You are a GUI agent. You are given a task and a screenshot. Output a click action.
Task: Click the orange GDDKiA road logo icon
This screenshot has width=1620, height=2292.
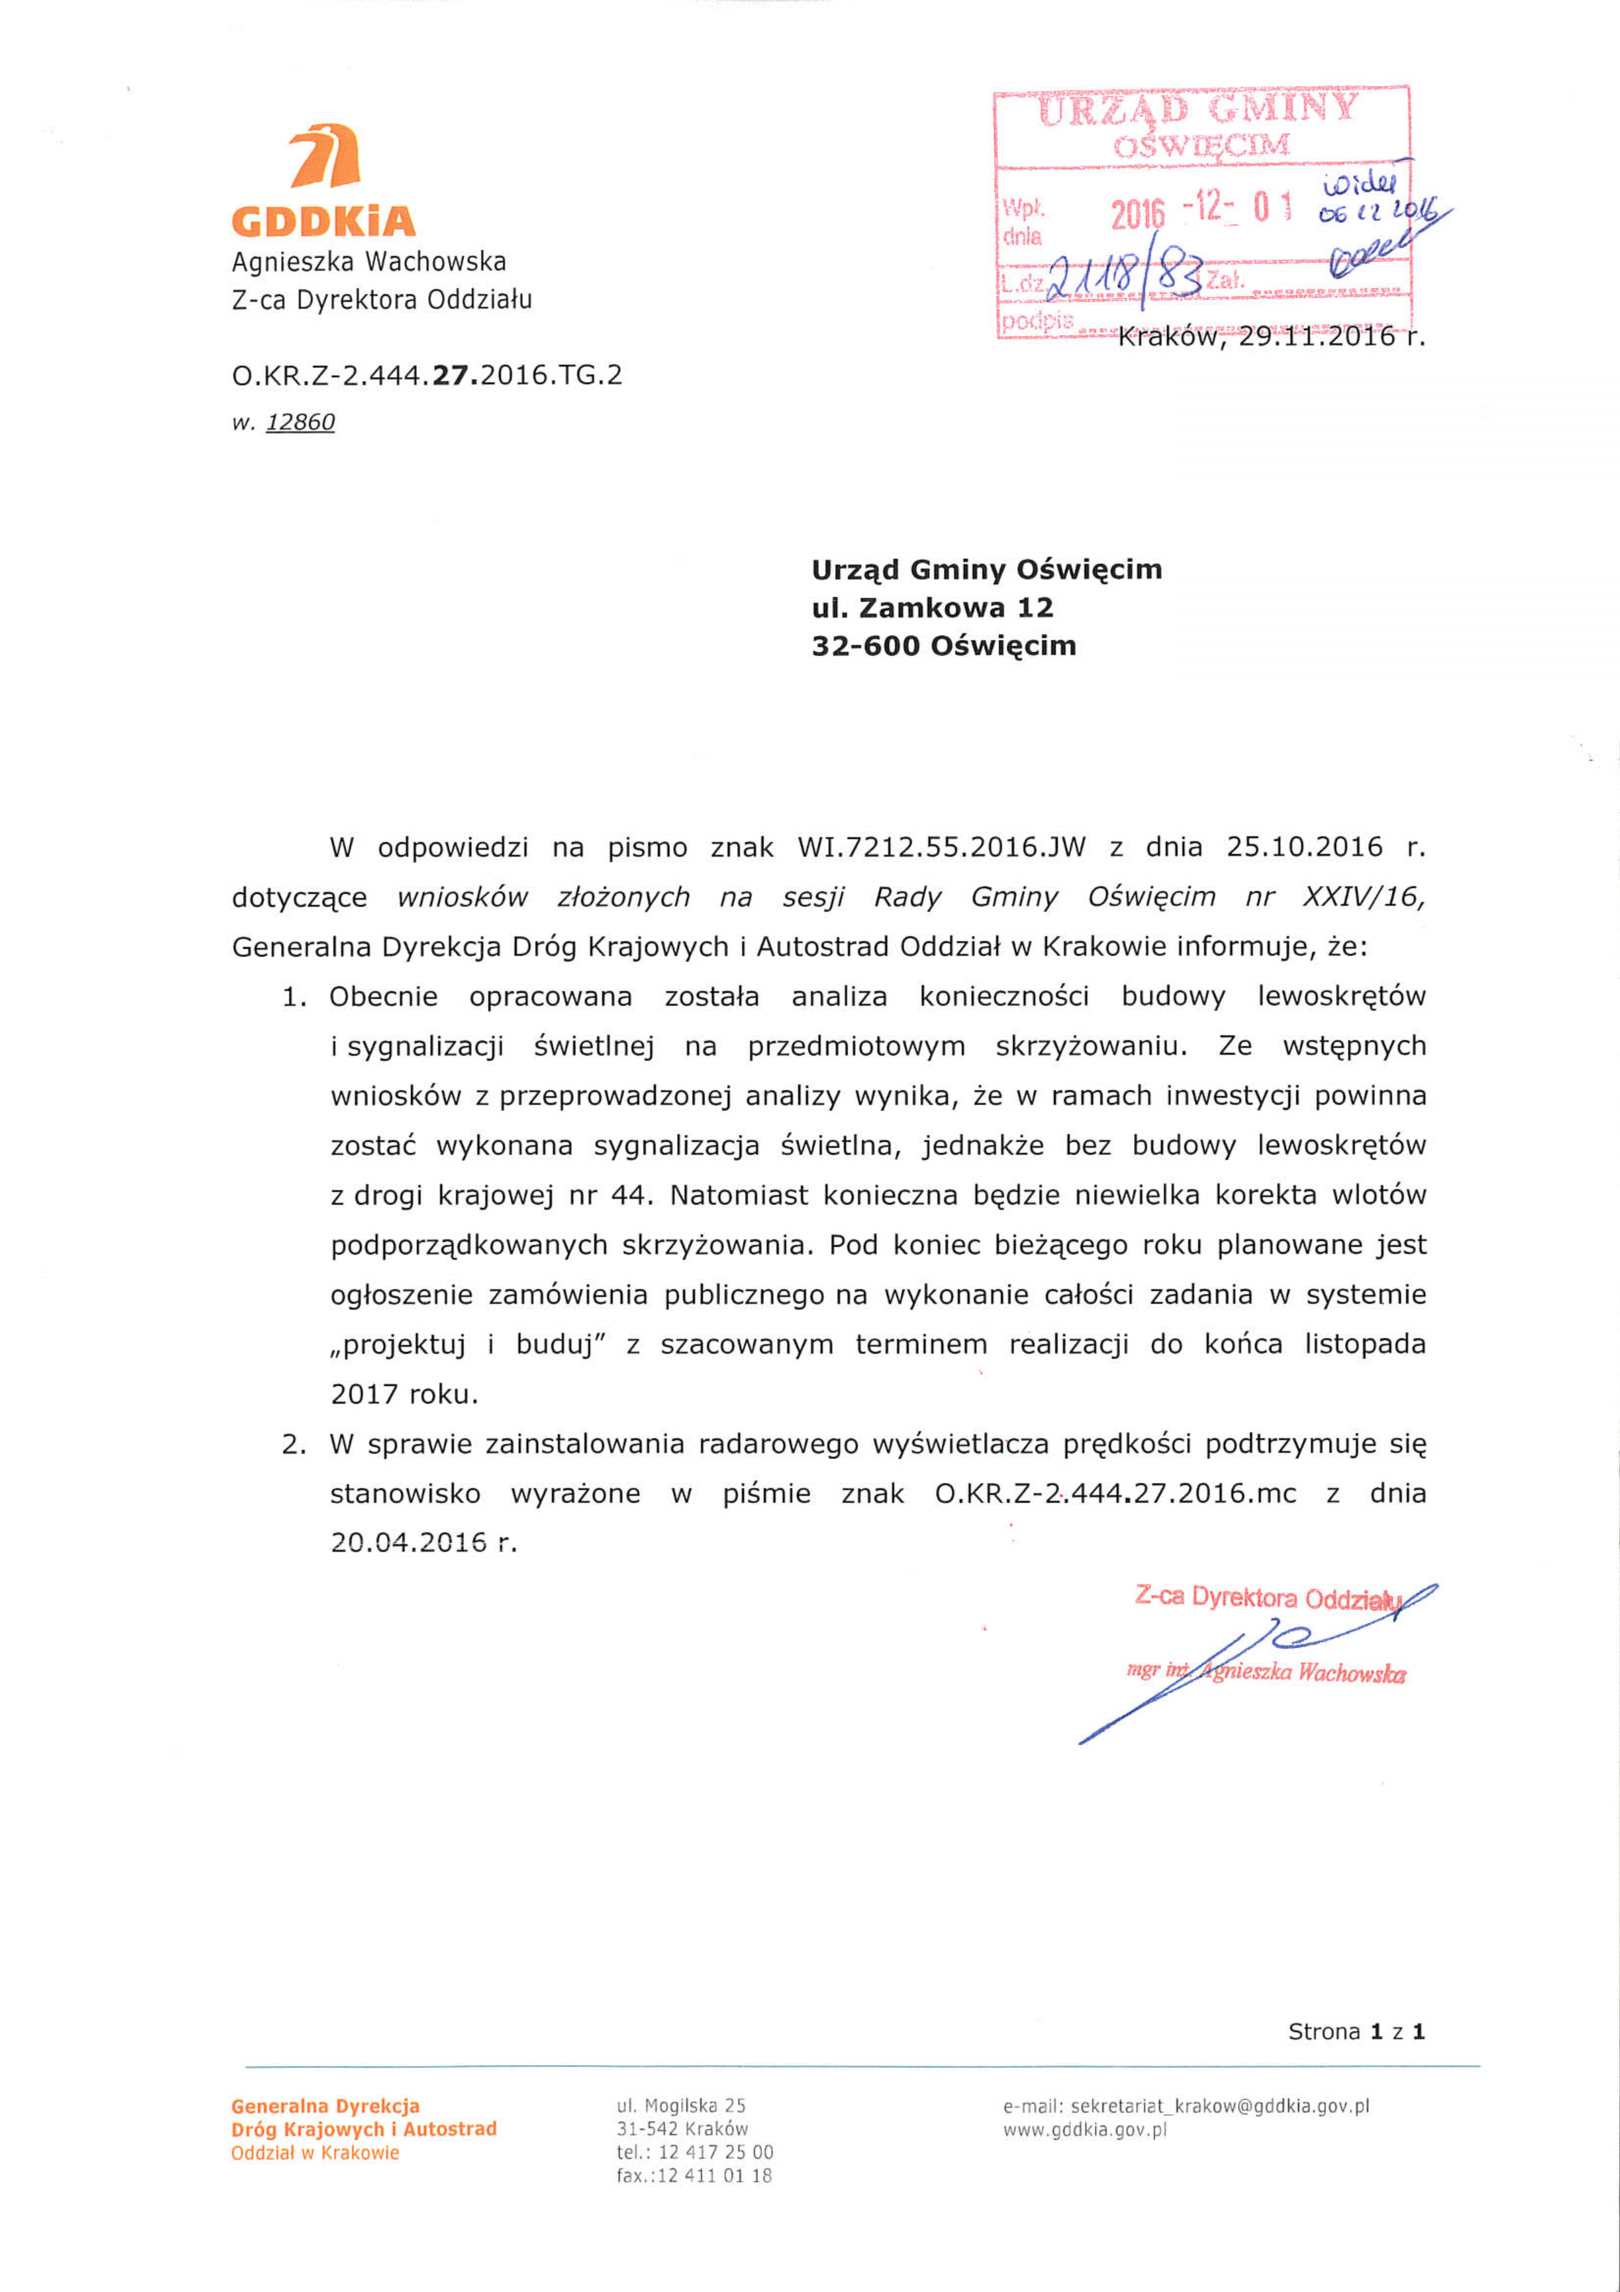click(324, 157)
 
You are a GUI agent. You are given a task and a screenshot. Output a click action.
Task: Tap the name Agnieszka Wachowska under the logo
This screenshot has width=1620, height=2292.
click(369, 261)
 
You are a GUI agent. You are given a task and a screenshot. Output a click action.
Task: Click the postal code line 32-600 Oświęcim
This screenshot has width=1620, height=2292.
click(943, 646)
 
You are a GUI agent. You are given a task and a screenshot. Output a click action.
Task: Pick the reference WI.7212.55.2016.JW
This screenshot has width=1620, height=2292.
click(940, 848)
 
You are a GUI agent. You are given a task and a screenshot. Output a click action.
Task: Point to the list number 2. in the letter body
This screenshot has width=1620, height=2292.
click(293, 1444)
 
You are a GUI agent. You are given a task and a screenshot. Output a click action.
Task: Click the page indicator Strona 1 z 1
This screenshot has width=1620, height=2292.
click(1355, 2031)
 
